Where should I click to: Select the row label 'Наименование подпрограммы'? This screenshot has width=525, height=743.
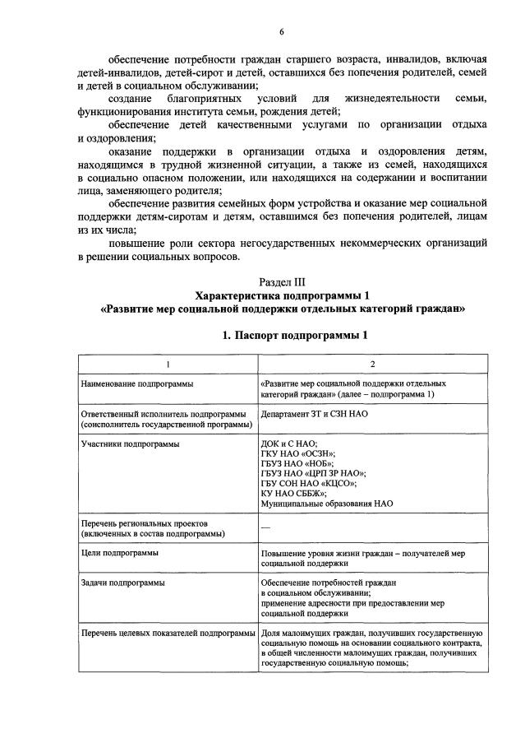pos(131,383)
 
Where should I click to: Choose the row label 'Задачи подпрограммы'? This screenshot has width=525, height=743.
pos(122,583)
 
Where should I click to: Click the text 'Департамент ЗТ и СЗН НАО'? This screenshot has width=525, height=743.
pos(314,414)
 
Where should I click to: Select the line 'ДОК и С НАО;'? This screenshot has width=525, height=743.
pos(288,443)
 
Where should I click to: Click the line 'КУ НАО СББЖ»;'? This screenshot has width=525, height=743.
pos(292,493)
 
